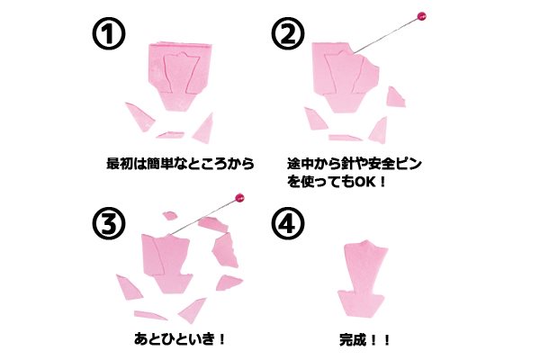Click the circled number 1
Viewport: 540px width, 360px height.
[x=109, y=33]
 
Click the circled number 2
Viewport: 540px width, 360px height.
[x=288, y=33]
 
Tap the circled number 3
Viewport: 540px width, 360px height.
[x=109, y=223]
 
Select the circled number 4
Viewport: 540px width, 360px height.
[x=288, y=223]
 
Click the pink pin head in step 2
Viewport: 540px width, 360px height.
[x=421, y=16]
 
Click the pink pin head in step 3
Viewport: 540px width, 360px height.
[x=239, y=198]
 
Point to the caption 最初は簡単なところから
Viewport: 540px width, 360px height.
[x=180, y=163]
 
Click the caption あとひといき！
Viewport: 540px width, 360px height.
[x=179, y=339]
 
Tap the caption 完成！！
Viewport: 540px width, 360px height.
[x=364, y=340]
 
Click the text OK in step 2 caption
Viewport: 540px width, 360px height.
[x=364, y=182]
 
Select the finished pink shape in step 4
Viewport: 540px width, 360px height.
[x=363, y=278]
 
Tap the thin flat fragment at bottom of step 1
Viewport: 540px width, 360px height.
[x=170, y=135]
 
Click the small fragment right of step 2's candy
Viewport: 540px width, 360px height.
[x=395, y=97]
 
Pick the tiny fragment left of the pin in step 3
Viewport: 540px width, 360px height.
[x=170, y=216]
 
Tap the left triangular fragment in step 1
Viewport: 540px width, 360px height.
[x=140, y=116]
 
